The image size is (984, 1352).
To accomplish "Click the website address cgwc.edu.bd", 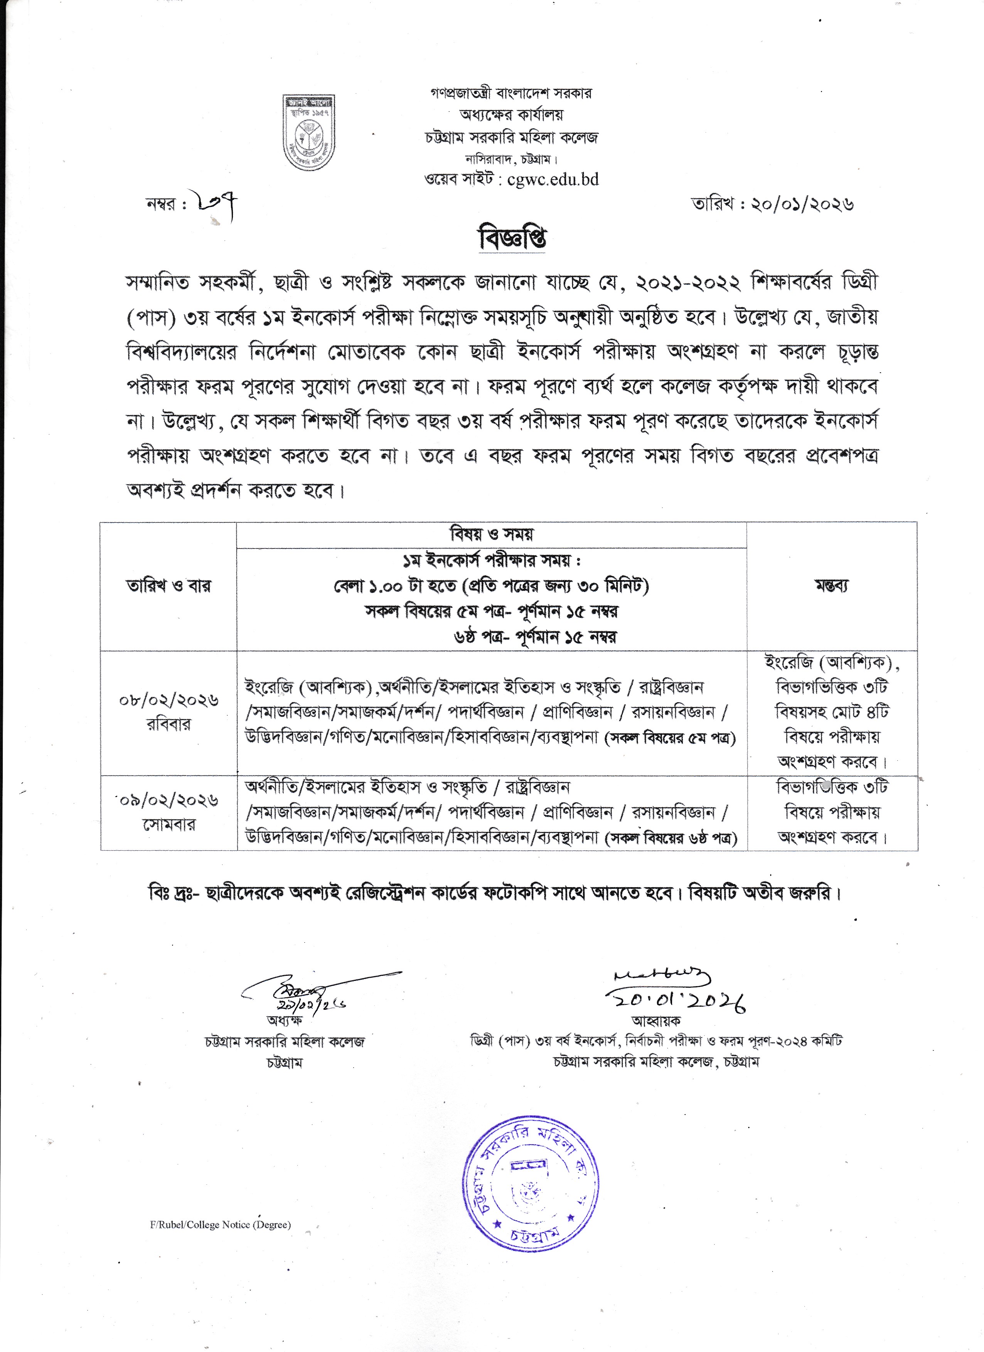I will (x=553, y=180).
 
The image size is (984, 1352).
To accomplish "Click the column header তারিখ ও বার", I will (x=168, y=585).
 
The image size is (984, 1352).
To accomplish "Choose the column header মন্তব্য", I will (x=831, y=585).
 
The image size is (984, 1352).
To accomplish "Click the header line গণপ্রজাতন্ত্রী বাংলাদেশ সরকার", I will (x=511, y=94).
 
